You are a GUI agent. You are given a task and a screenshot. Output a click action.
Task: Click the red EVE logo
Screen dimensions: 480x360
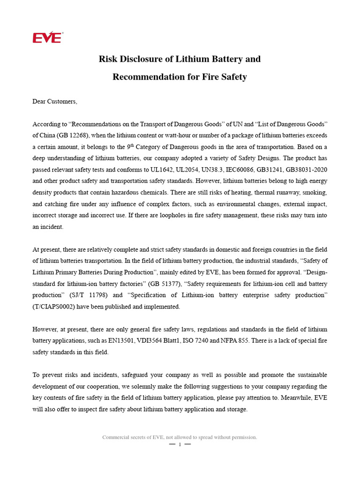(x=47, y=37)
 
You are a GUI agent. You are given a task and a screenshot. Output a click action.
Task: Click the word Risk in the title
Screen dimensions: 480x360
(x=108, y=59)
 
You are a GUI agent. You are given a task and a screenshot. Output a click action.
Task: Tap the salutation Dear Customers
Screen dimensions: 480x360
(x=54, y=101)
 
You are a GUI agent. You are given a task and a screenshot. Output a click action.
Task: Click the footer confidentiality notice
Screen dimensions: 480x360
(x=180, y=437)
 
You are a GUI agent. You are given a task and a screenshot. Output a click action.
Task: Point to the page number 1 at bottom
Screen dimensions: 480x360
(x=180, y=444)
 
